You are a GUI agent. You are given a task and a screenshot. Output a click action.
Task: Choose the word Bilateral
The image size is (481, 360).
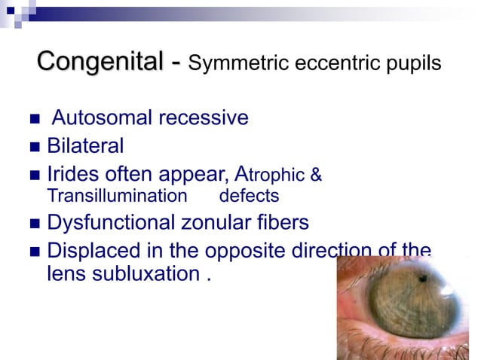[x=85, y=145]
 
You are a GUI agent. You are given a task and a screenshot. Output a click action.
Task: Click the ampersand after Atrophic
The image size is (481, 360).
[x=317, y=175]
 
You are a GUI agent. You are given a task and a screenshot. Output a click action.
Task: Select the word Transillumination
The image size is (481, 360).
[x=117, y=197]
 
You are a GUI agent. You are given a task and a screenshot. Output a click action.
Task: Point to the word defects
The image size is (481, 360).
[x=249, y=197]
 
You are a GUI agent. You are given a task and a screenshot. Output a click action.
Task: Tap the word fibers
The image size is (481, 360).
[x=283, y=223]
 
